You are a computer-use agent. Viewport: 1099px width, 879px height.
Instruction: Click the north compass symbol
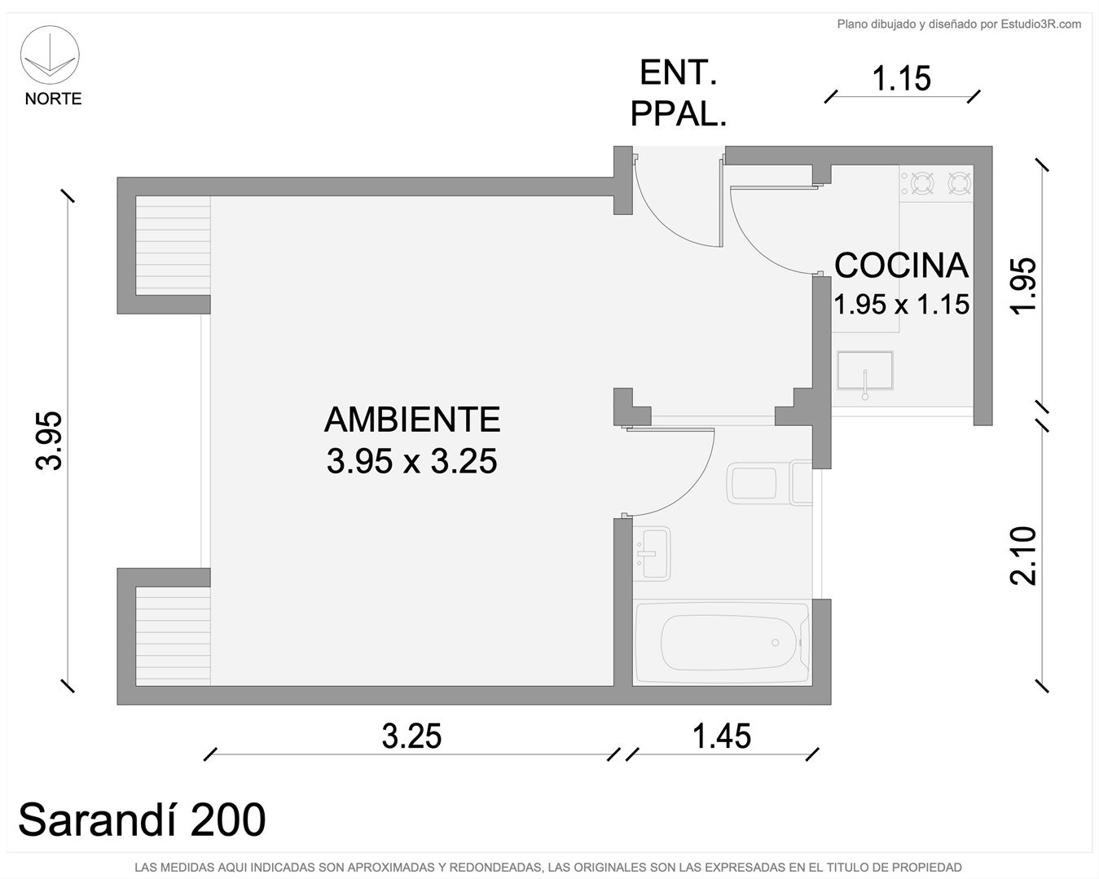(50, 55)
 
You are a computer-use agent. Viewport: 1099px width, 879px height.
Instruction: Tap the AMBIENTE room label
(412, 420)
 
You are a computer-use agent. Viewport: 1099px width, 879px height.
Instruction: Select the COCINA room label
(901, 266)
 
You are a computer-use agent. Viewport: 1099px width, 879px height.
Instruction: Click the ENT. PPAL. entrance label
(678, 94)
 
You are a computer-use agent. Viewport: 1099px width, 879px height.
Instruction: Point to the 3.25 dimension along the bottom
(411, 736)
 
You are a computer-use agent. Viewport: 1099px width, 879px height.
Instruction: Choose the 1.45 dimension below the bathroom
(721, 736)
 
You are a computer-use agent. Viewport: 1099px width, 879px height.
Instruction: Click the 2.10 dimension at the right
(1023, 556)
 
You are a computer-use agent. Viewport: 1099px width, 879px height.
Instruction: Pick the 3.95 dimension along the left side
(49, 441)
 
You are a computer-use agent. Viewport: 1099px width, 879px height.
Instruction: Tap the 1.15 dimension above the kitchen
(902, 79)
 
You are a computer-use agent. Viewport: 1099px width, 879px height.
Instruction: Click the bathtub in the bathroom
(722, 643)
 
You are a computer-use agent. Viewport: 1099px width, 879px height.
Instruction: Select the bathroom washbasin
(652, 554)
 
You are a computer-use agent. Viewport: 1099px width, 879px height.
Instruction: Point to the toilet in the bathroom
(769, 482)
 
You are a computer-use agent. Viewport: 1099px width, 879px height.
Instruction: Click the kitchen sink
(864, 371)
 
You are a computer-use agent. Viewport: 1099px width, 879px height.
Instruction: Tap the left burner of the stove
(922, 182)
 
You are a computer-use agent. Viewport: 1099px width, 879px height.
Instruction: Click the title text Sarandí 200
(142, 819)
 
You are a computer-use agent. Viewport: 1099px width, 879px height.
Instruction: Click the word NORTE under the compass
(53, 99)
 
